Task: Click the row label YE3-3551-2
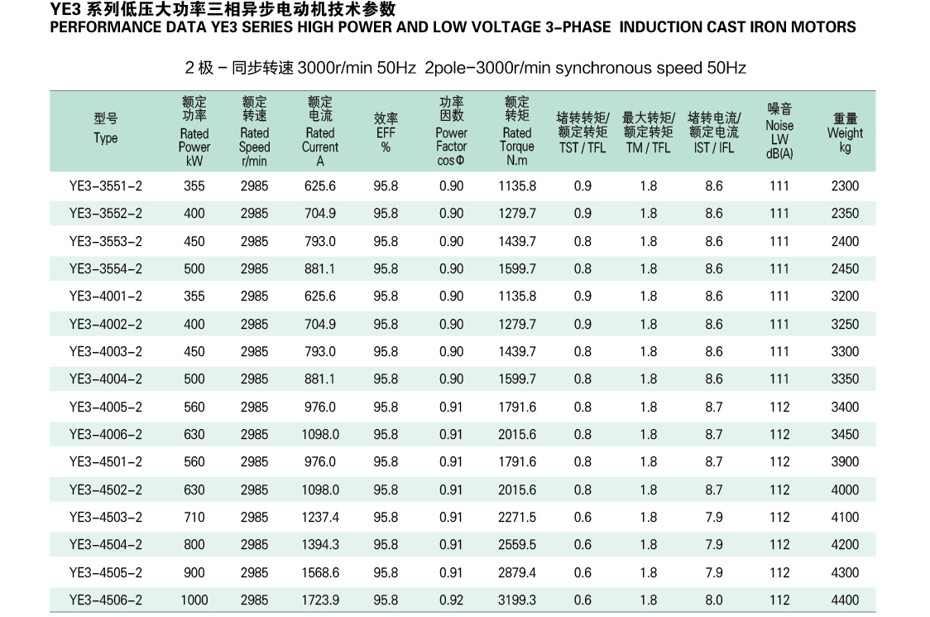106,186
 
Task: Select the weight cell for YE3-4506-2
845,600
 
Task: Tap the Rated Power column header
194,132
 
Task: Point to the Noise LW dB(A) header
779,132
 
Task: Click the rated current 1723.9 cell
320,600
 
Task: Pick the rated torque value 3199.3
517,600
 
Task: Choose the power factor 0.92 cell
452,600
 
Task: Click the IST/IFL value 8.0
714,600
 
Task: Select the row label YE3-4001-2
106,296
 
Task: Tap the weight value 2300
845,186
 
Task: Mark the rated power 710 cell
194,518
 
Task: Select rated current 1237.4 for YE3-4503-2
320,518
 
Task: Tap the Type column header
106,130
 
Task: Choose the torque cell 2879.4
517,573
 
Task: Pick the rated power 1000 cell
194,600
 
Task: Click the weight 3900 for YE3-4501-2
845,462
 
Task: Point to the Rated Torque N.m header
517,132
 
